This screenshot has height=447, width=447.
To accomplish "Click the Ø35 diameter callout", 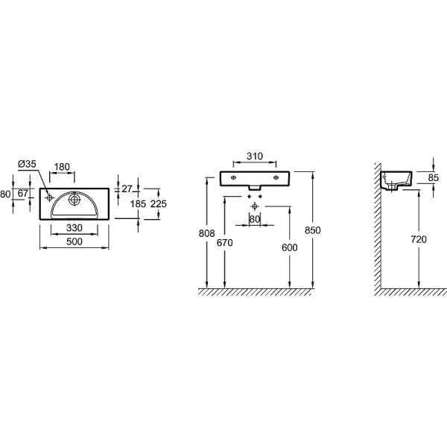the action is [x=27, y=164].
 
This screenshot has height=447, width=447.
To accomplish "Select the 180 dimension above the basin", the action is [x=62, y=167].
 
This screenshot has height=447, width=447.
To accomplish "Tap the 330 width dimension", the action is [x=74, y=228].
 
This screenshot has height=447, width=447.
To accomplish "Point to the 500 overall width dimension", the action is [x=74, y=241].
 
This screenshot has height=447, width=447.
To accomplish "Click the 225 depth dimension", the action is [x=159, y=204].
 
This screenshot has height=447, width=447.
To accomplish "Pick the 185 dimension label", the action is [x=138, y=204].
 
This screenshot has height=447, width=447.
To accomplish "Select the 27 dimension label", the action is [x=127, y=188].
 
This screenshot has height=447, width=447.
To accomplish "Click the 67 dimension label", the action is [x=23, y=193].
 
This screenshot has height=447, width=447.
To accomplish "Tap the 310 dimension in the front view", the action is [x=255, y=156].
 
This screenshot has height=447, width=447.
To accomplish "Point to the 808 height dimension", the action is [x=206, y=233].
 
